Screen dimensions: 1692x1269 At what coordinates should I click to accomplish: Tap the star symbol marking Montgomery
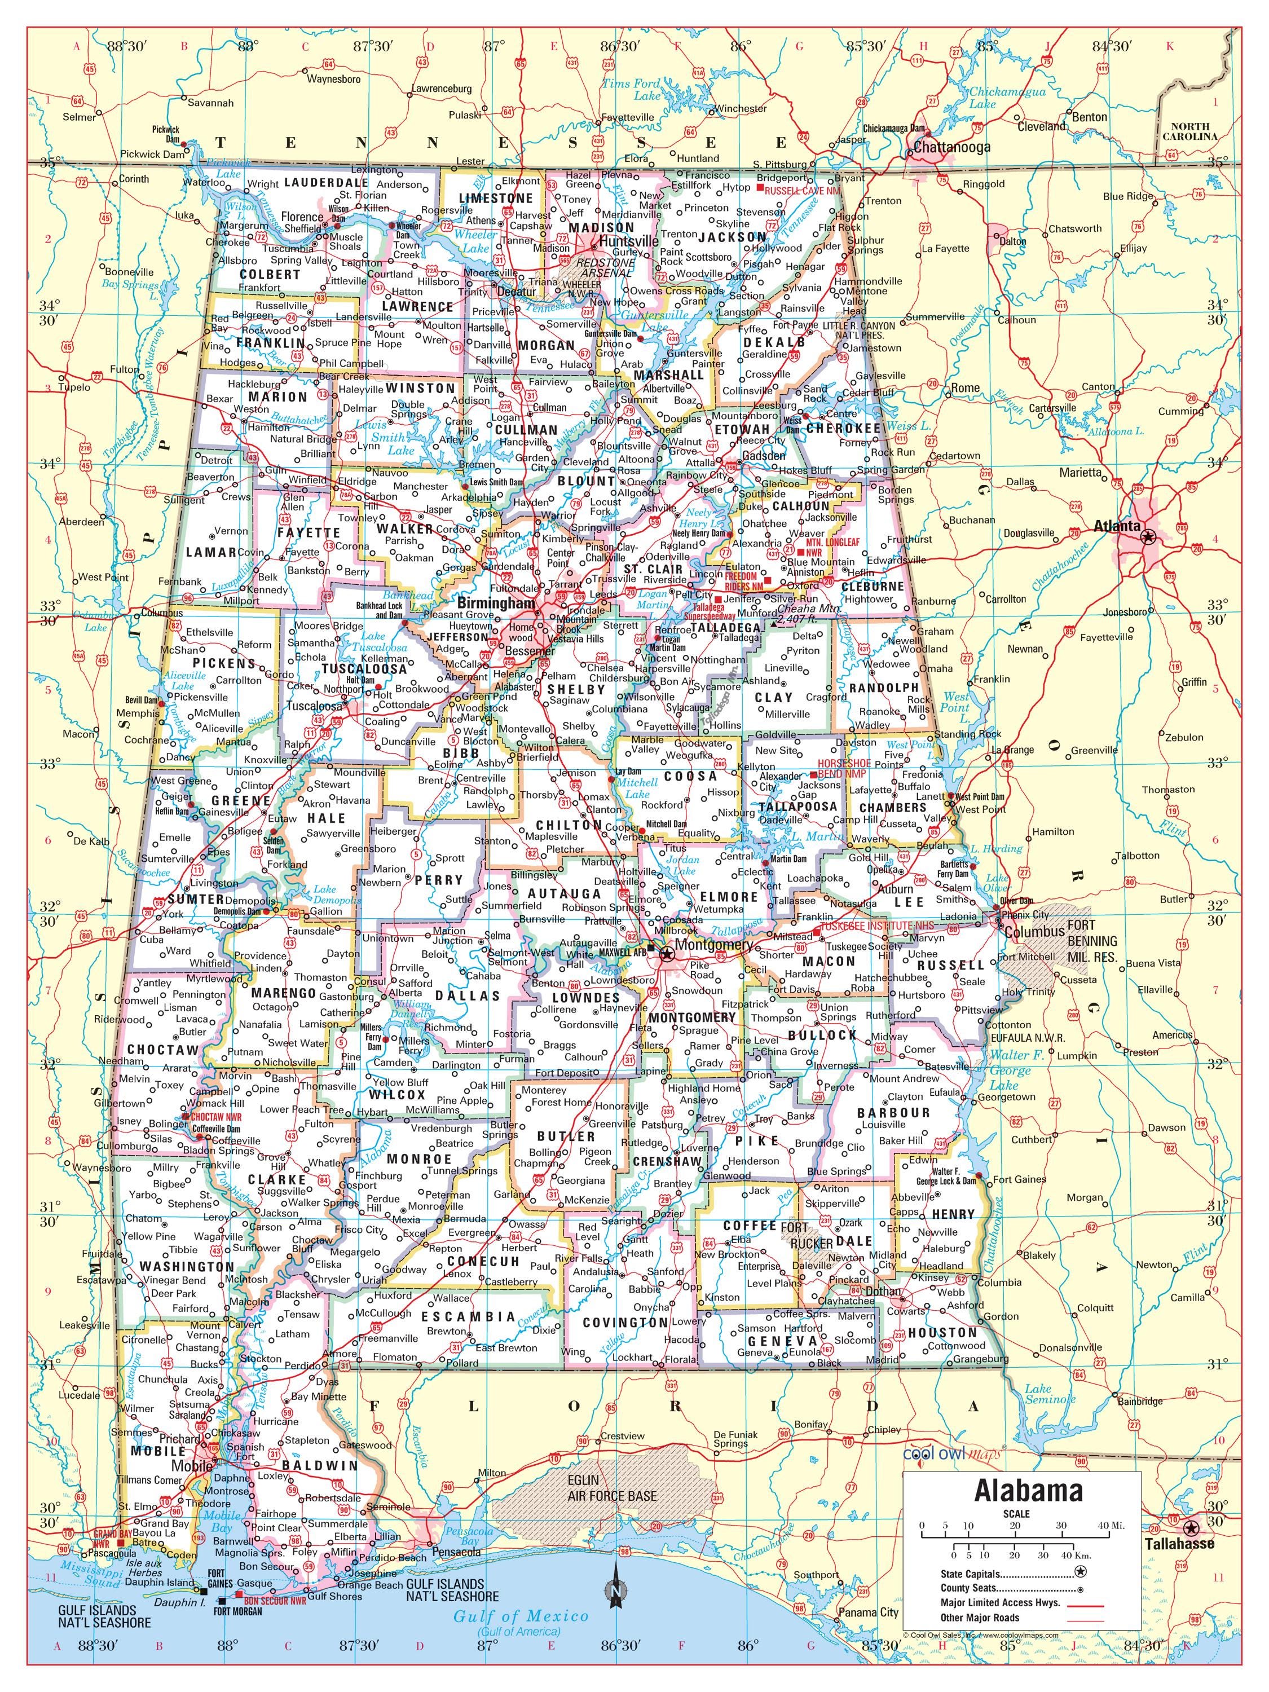coord(667,953)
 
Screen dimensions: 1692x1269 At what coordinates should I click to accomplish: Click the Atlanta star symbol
coord(1147,537)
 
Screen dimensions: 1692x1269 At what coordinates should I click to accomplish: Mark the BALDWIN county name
coord(320,1465)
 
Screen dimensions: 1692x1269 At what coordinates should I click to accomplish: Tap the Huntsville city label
coord(629,240)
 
